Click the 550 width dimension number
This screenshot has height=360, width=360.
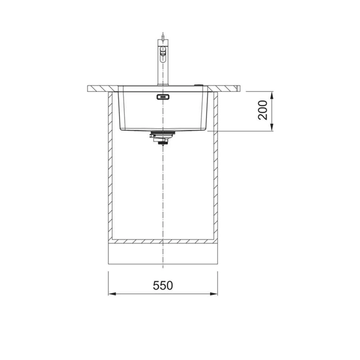[163, 285]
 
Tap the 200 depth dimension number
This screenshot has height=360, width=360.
[263, 110]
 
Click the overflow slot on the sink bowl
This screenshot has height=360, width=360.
[163, 97]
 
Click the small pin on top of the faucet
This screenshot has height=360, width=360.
[163, 36]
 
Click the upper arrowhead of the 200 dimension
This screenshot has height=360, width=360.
[271, 95]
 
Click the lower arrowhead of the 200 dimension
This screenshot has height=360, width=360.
[271, 127]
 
